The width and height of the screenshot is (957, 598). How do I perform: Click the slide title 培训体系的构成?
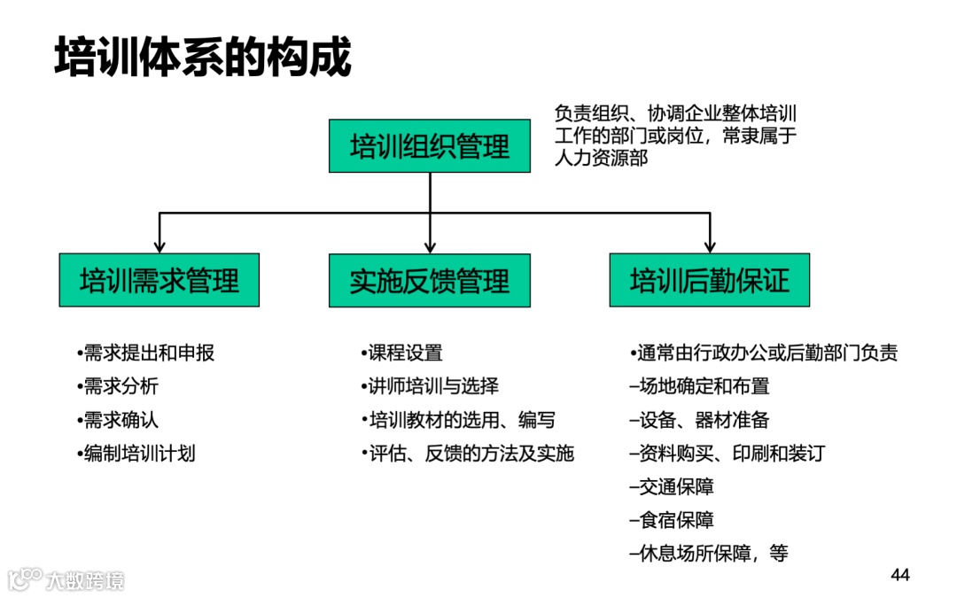point(203,58)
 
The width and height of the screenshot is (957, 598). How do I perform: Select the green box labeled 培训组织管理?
point(430,146)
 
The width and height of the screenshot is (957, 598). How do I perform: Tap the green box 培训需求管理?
point(159,281)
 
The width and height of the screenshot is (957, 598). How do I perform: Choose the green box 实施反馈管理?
point(430,281)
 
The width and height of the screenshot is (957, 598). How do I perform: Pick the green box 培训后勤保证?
point(709,281)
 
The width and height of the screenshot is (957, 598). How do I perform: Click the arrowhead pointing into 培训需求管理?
point(159,245)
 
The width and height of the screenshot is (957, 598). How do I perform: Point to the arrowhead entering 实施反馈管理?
point(430,245)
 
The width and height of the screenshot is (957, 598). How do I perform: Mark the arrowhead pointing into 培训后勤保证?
point(709,245)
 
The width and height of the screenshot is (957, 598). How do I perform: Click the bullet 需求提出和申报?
point(147,353)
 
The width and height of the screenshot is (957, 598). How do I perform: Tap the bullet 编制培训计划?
point(137,454)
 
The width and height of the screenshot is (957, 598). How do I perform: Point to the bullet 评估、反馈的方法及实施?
point(469,454)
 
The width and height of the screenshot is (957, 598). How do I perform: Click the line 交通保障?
point(673,486)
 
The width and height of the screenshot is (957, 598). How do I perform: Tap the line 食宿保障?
point(673,520)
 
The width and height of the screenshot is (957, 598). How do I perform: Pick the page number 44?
point(900,576)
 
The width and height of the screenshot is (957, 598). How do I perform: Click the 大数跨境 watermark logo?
point(66,580)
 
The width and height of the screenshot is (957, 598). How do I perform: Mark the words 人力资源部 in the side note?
point(601,159)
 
